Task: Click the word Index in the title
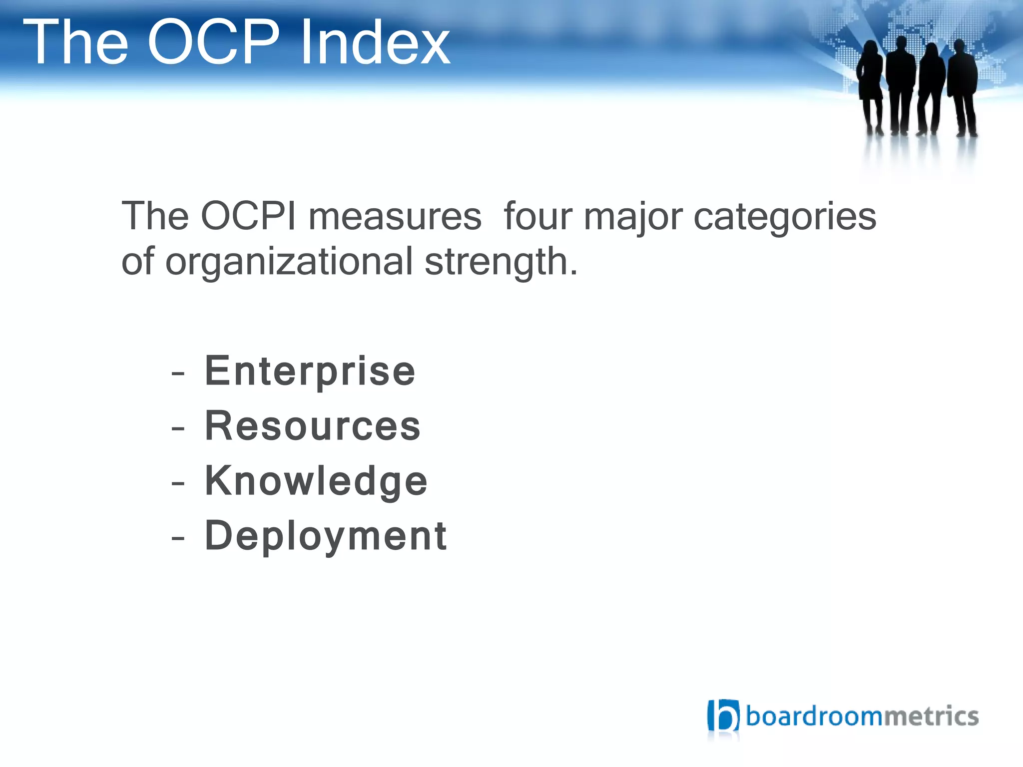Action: [375, 42]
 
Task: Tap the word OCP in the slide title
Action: [213, 42]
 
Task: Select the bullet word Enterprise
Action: [310, 371]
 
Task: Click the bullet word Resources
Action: [313, 426]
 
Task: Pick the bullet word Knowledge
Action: [316, 481]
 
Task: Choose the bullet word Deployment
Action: [326, 536]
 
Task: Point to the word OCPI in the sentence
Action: [248, 216]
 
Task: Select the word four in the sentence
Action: [537, 216]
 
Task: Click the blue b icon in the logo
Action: [723, 716]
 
